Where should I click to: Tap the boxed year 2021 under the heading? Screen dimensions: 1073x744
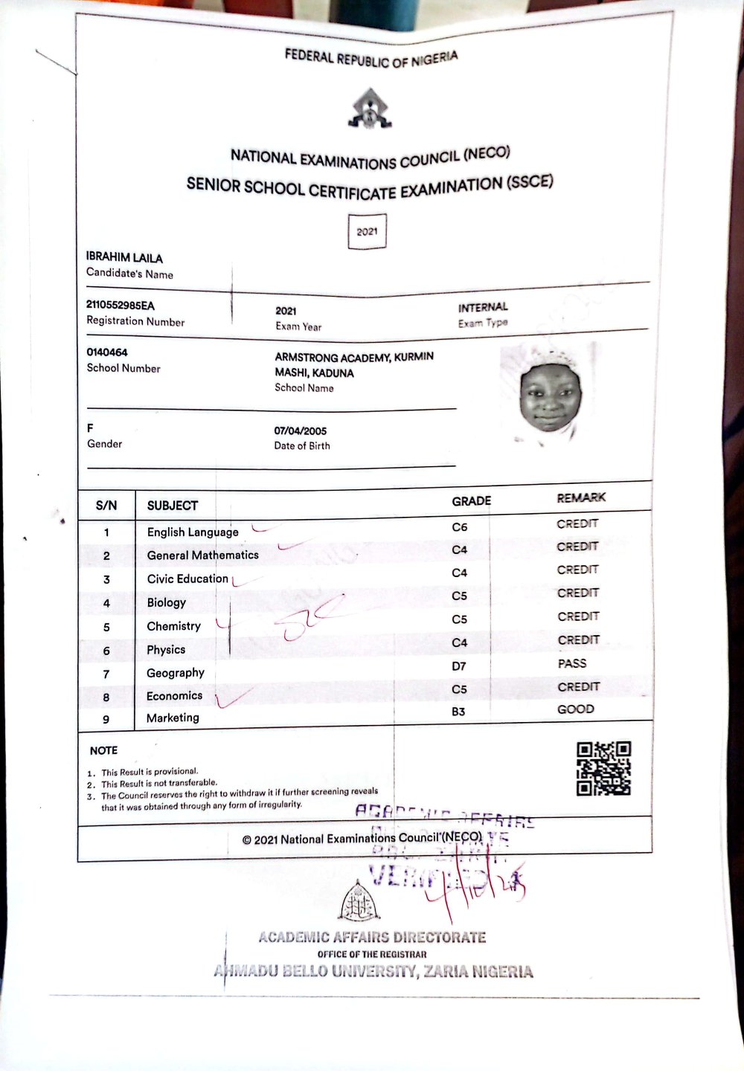pos(367,231)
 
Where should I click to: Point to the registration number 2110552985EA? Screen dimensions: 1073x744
pos(121,306)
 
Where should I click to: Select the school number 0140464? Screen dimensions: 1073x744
pos(107,352)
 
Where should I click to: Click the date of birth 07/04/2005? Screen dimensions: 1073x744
pos(301,431)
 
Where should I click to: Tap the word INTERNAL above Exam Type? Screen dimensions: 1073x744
pos(483,307)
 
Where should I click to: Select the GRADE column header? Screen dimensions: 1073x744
pos(471,501)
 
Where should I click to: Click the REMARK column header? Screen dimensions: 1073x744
pos(581,497)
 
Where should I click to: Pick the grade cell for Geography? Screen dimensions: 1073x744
pos(459,666)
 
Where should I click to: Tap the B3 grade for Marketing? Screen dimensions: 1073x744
pos(458,712)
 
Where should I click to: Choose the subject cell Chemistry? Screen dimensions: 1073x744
pos(173,626)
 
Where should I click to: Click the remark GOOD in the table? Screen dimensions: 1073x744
pos(576,709)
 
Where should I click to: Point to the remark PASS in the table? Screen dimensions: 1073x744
pos(572,663)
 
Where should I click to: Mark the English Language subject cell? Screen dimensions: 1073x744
pos(193,532)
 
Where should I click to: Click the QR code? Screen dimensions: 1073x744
pos(604,768)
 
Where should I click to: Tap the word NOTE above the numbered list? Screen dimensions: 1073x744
pos(103,750)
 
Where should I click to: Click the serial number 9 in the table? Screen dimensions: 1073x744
pos(106,719)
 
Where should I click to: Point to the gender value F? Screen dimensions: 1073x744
pos(90,428)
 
